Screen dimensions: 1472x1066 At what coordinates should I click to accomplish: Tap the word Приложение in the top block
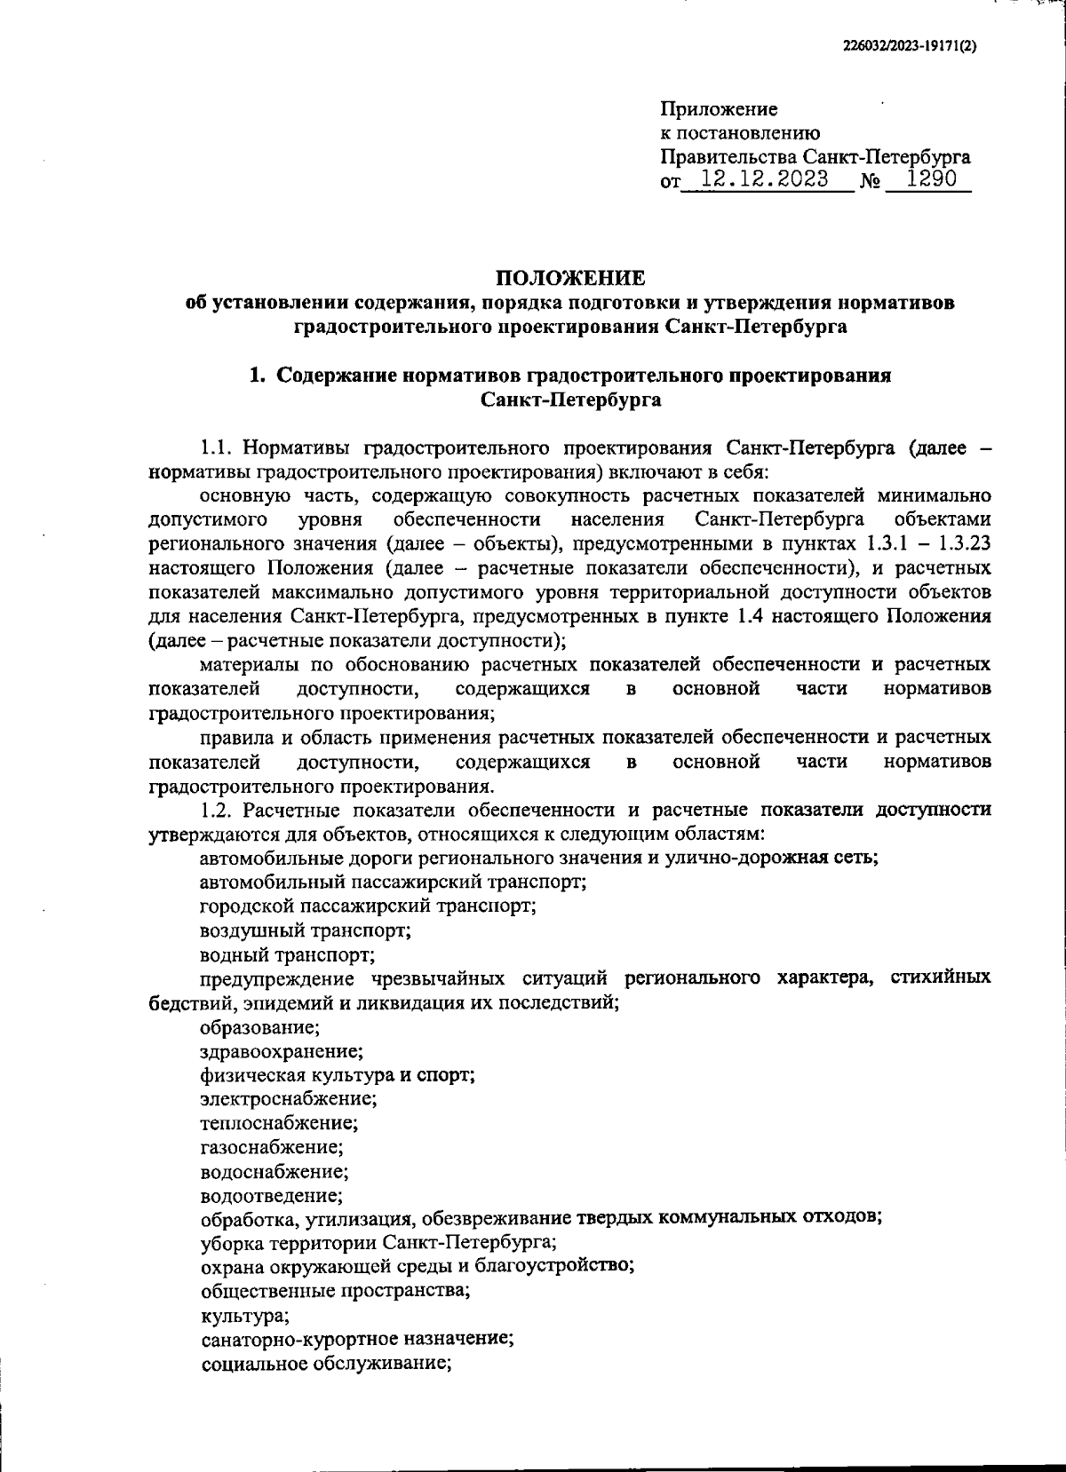click(x=719, y=109)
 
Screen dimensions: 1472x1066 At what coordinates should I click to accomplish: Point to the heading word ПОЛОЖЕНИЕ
click(x=570, y=278)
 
